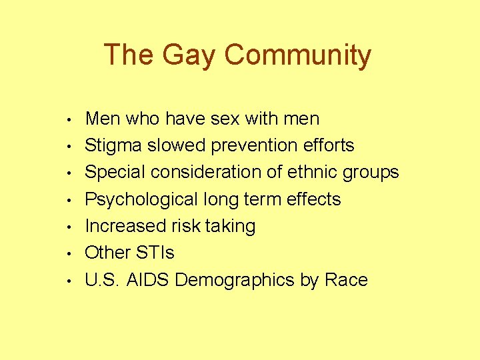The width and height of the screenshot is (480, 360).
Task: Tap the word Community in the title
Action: pos(297,55)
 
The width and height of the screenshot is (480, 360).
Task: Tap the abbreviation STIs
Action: pos(155,253)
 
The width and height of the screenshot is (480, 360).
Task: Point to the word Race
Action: pos(346,280)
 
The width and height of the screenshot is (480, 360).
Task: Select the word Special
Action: pos(115,173)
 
